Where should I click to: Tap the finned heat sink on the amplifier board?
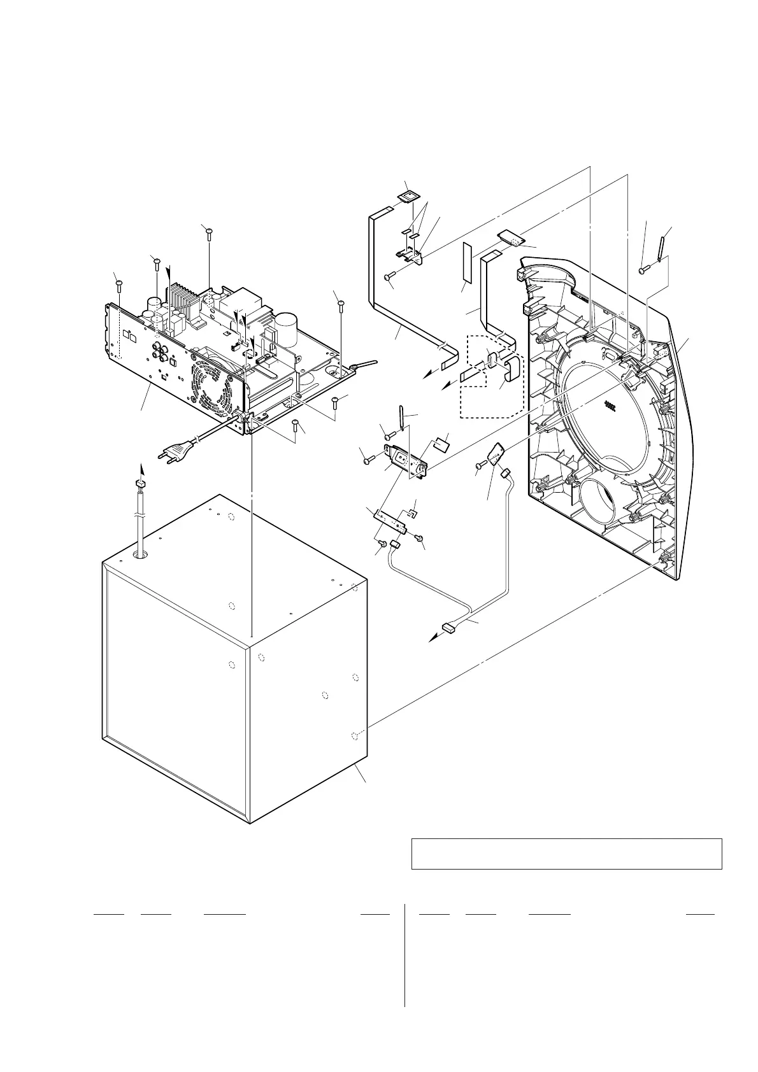180,299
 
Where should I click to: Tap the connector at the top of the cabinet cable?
141,486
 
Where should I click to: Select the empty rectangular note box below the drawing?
566,854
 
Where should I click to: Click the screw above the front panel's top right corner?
643,271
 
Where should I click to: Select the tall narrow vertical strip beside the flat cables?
466,262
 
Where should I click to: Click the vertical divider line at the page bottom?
405,955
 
